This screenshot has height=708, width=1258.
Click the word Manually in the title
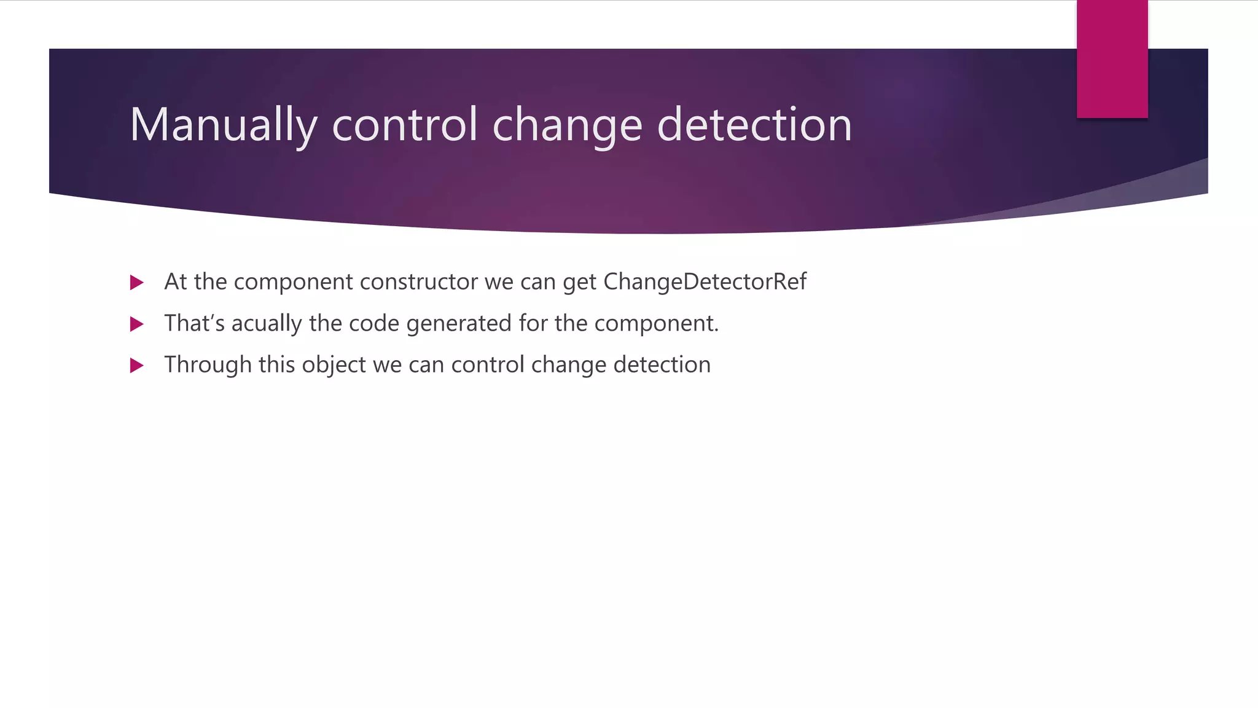coord(223,125)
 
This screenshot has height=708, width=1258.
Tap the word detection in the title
coord(754,125)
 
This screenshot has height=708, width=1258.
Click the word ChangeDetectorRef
coord(705,281)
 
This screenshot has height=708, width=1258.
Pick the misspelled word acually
coord(267,323)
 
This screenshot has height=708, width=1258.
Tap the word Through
coord(208,364)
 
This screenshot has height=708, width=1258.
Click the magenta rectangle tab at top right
coord(1112,59)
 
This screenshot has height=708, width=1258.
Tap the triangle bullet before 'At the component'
coord(137,283)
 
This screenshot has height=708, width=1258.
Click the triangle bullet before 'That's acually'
coord(137,324)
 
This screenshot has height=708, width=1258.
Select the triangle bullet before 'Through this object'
coord(137,366)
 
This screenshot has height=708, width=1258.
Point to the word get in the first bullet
coord(579,283)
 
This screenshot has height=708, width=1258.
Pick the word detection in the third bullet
coord(662,364)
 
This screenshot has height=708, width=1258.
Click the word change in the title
coord(567,125)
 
